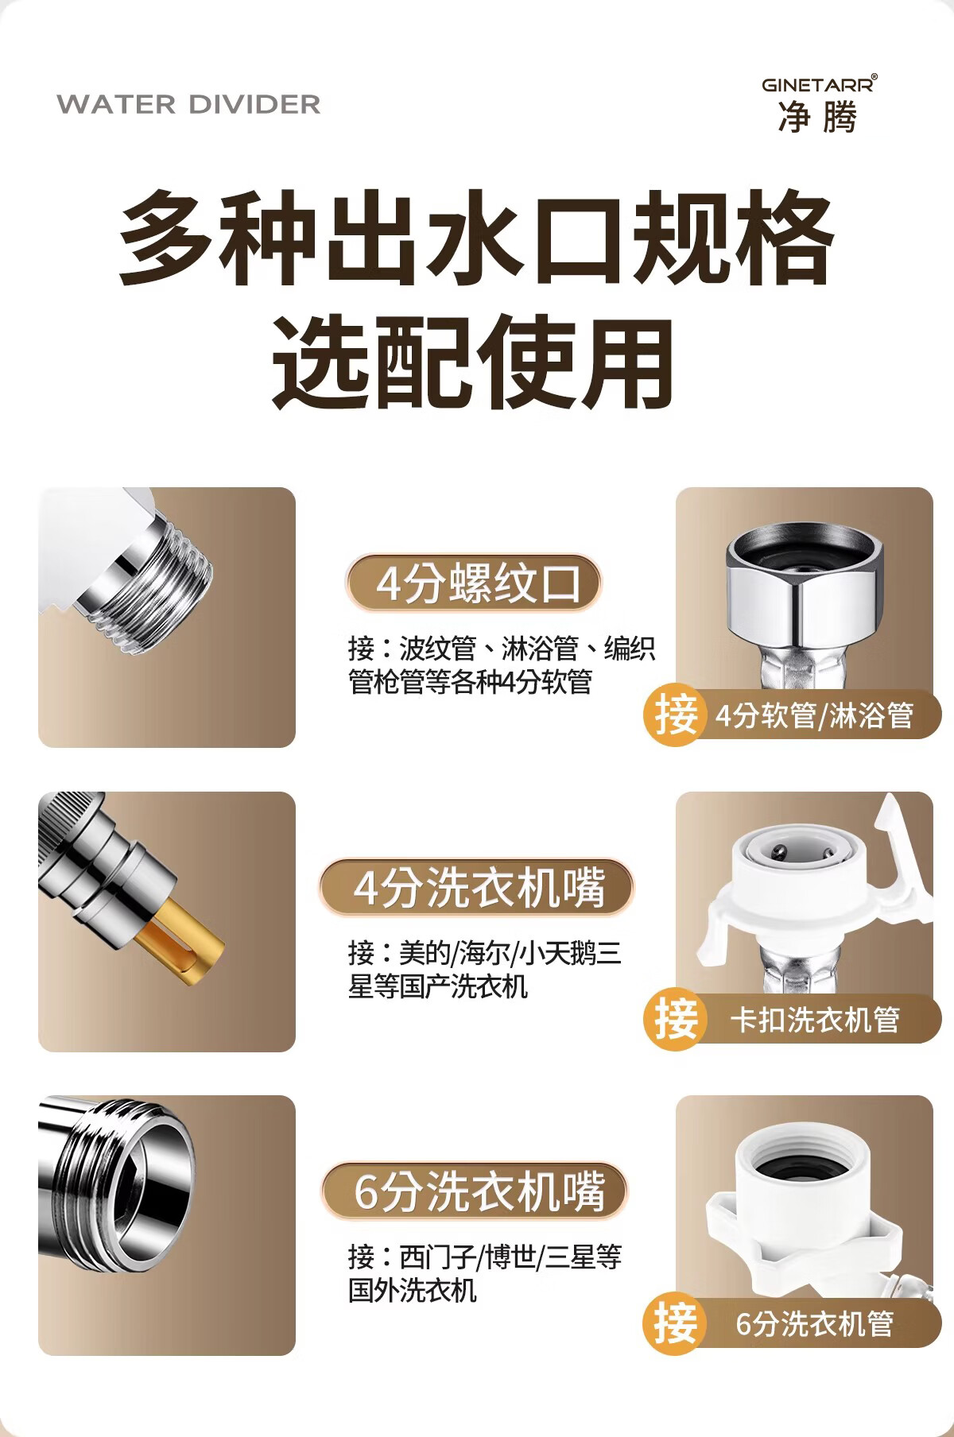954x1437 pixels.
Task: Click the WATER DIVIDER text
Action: point(188,104)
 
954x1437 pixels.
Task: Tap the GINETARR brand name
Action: point(819,84)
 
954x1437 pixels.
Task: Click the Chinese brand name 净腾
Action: point(818,118)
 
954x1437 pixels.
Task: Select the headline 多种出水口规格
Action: point(476,238)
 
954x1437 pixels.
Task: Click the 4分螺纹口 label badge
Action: point(473,583)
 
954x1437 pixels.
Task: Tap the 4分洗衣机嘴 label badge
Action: point(476,887)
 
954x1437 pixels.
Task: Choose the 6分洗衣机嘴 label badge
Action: point(475,1191)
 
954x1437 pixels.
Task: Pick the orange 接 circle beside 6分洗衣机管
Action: point(674,1323)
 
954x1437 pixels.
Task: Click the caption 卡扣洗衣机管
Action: point(815,1019)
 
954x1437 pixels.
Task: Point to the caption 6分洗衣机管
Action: point(814,1323)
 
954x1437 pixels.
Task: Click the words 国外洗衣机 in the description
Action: point(413,1290)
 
